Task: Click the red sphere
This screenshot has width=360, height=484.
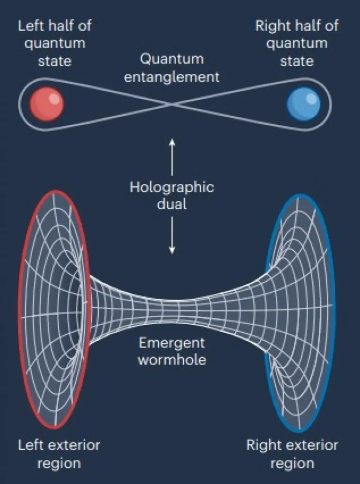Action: click(x=46, y=104)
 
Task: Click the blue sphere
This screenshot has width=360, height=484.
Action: click(x=304, y=104)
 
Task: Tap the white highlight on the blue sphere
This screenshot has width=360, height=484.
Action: click(x=311, y=98)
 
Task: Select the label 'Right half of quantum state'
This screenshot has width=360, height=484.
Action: click(x=297, y=43)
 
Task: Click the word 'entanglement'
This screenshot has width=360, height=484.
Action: click(x=171, y=77)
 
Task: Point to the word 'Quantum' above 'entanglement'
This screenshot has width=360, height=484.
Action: click(x=171, y=59)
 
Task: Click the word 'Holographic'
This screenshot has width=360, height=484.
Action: click(x=171, y=187)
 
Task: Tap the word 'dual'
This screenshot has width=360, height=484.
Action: click(x=171, y=204)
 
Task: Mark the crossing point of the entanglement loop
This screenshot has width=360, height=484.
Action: click(x=172, y=104)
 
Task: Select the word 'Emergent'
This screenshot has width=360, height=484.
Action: click(x=171, y=342)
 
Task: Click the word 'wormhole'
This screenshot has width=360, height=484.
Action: click(x=171, y=359)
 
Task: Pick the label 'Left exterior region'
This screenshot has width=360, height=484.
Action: click(x=59, y=454)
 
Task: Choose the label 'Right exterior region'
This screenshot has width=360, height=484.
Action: click(x=292, y=454)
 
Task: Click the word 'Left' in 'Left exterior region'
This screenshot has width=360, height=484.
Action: click(x=29, y=445)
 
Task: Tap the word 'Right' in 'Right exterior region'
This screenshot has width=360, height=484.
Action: click(x=260, y=445)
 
